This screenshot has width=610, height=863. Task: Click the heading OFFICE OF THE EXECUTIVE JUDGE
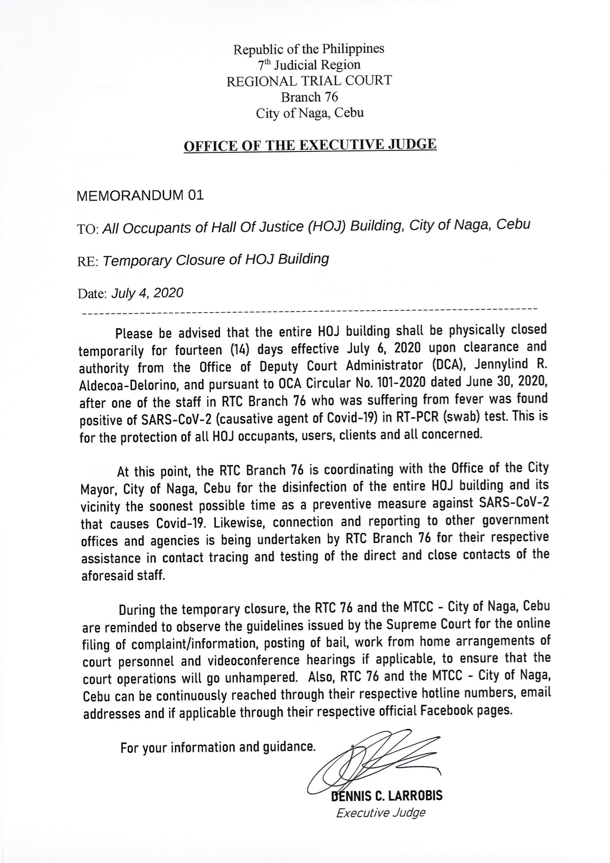[x=310, y=145]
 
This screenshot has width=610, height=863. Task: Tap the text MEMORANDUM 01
[x=141, y=196]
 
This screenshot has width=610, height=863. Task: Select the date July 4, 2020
[x=147, y=293]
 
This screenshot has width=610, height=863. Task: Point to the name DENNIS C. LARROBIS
[x=387, y=795]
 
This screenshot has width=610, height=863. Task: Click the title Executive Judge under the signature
[x=380, y=813]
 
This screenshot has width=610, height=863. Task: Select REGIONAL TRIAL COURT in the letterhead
[x=309, y=81]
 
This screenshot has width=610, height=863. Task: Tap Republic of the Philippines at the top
[x=309, y=49]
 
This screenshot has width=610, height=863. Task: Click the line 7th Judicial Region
[x=309, y=65]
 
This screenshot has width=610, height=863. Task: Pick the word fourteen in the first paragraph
[x=199, y=351]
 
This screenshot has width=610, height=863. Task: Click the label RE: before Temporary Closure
[x=89, y=261]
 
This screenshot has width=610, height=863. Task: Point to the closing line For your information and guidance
[x=217, y=748]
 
